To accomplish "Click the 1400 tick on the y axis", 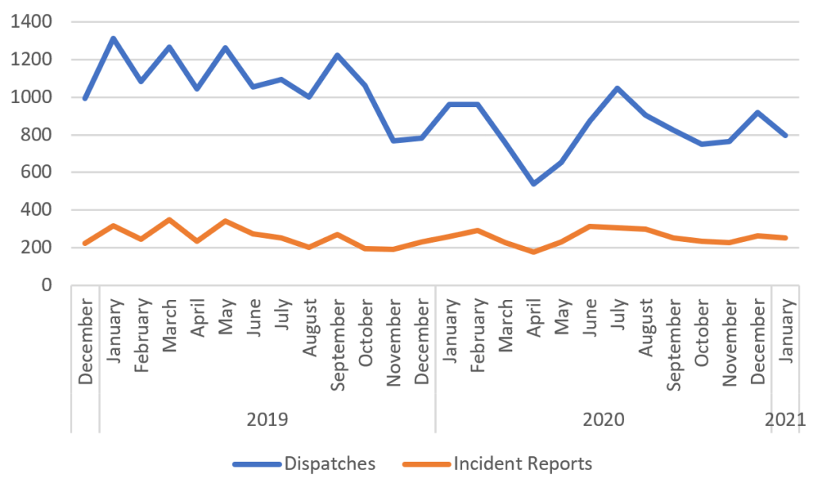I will coord(33,22).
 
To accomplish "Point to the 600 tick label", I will coord(37,172).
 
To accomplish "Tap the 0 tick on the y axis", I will coord(47,285).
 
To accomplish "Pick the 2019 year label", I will coord(268,418).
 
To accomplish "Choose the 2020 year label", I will coord(603,418).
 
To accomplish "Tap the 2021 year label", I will coord(786,418).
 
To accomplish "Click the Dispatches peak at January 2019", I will coord(114,38).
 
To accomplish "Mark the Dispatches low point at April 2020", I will coord(534,183).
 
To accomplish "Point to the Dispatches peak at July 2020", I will coord(618,88).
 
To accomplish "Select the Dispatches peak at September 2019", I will coord(337,56).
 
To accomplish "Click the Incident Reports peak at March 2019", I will coord(169,219).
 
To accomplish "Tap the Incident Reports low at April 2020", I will coord(534,252).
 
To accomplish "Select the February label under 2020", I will coord(478,334).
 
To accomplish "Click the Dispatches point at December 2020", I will coord(758,112).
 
